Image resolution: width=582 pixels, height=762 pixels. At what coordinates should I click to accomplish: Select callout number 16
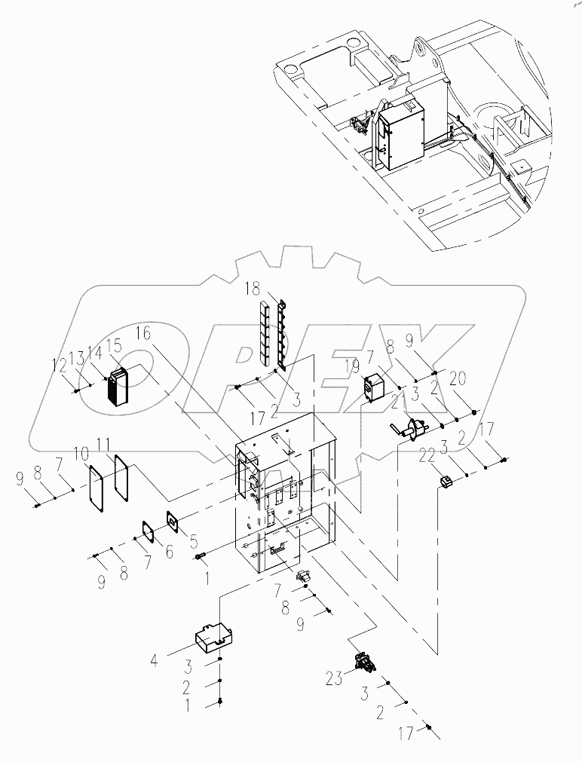tap(144, 332)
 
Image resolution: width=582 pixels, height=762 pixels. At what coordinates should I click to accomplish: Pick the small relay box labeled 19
tap(374, 387)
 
